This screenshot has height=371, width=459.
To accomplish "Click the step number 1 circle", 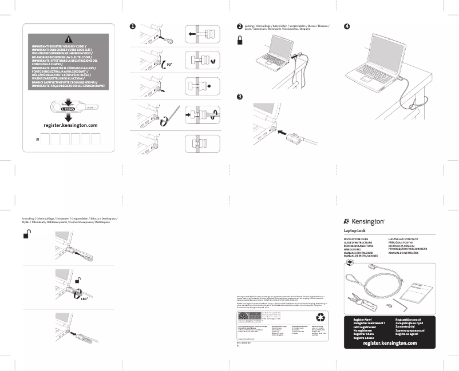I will (x=132, y=27).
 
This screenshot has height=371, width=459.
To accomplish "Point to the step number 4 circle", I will (x=346, y=27).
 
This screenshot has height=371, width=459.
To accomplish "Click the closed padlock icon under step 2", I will (x=241, y=39).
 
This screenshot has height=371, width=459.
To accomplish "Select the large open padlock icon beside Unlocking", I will (x=27, y=234).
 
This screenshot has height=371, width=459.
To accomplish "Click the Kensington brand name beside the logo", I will (x=368, y=221).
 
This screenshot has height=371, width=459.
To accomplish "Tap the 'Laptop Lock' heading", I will (x=354, y=230).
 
